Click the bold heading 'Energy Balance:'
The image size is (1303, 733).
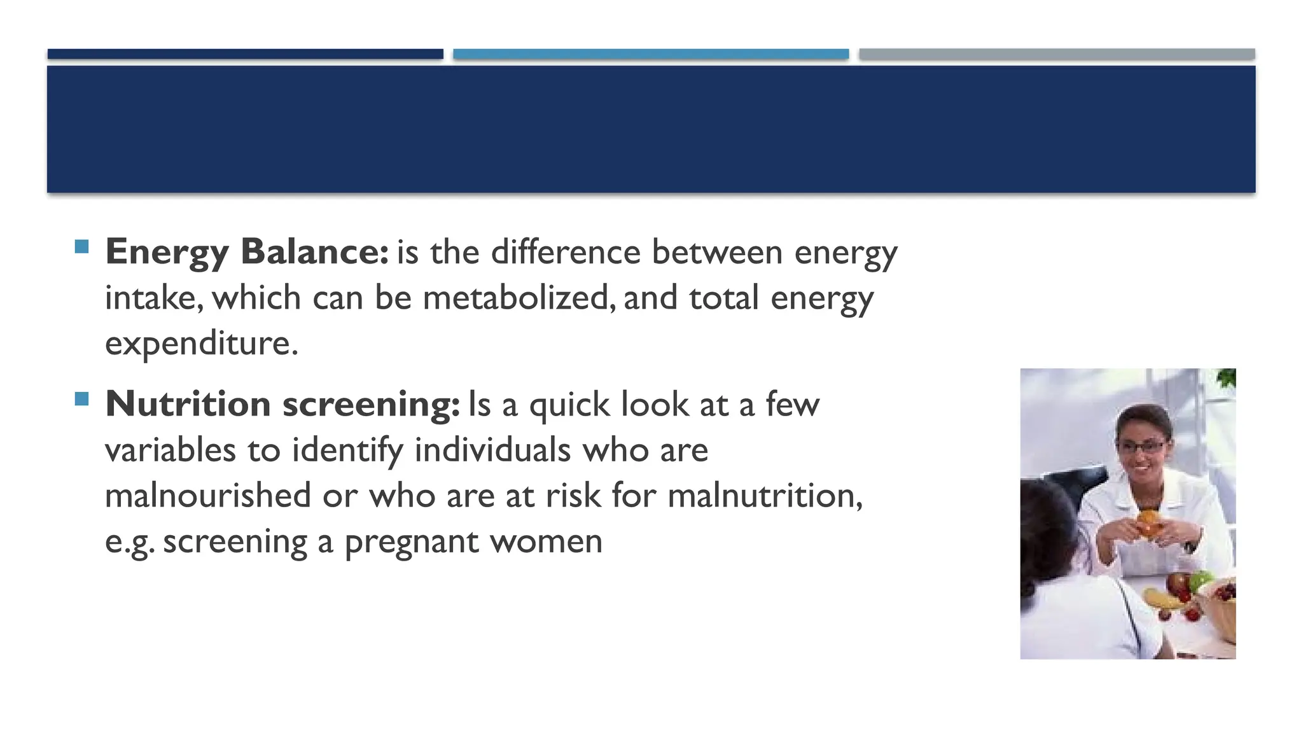247,252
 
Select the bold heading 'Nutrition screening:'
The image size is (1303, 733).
282,405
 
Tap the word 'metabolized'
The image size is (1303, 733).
519,298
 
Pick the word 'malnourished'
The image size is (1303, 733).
208,496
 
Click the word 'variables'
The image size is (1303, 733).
171,450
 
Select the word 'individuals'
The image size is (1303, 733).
493,450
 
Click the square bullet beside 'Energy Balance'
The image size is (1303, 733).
81,246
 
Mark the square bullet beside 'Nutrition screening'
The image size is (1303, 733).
81,399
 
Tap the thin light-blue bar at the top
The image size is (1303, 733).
651,54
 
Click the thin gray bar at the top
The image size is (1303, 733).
1057,54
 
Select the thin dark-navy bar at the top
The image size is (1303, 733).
245,54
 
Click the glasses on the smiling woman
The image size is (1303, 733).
1143,446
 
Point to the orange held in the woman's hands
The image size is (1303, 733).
1148,523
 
